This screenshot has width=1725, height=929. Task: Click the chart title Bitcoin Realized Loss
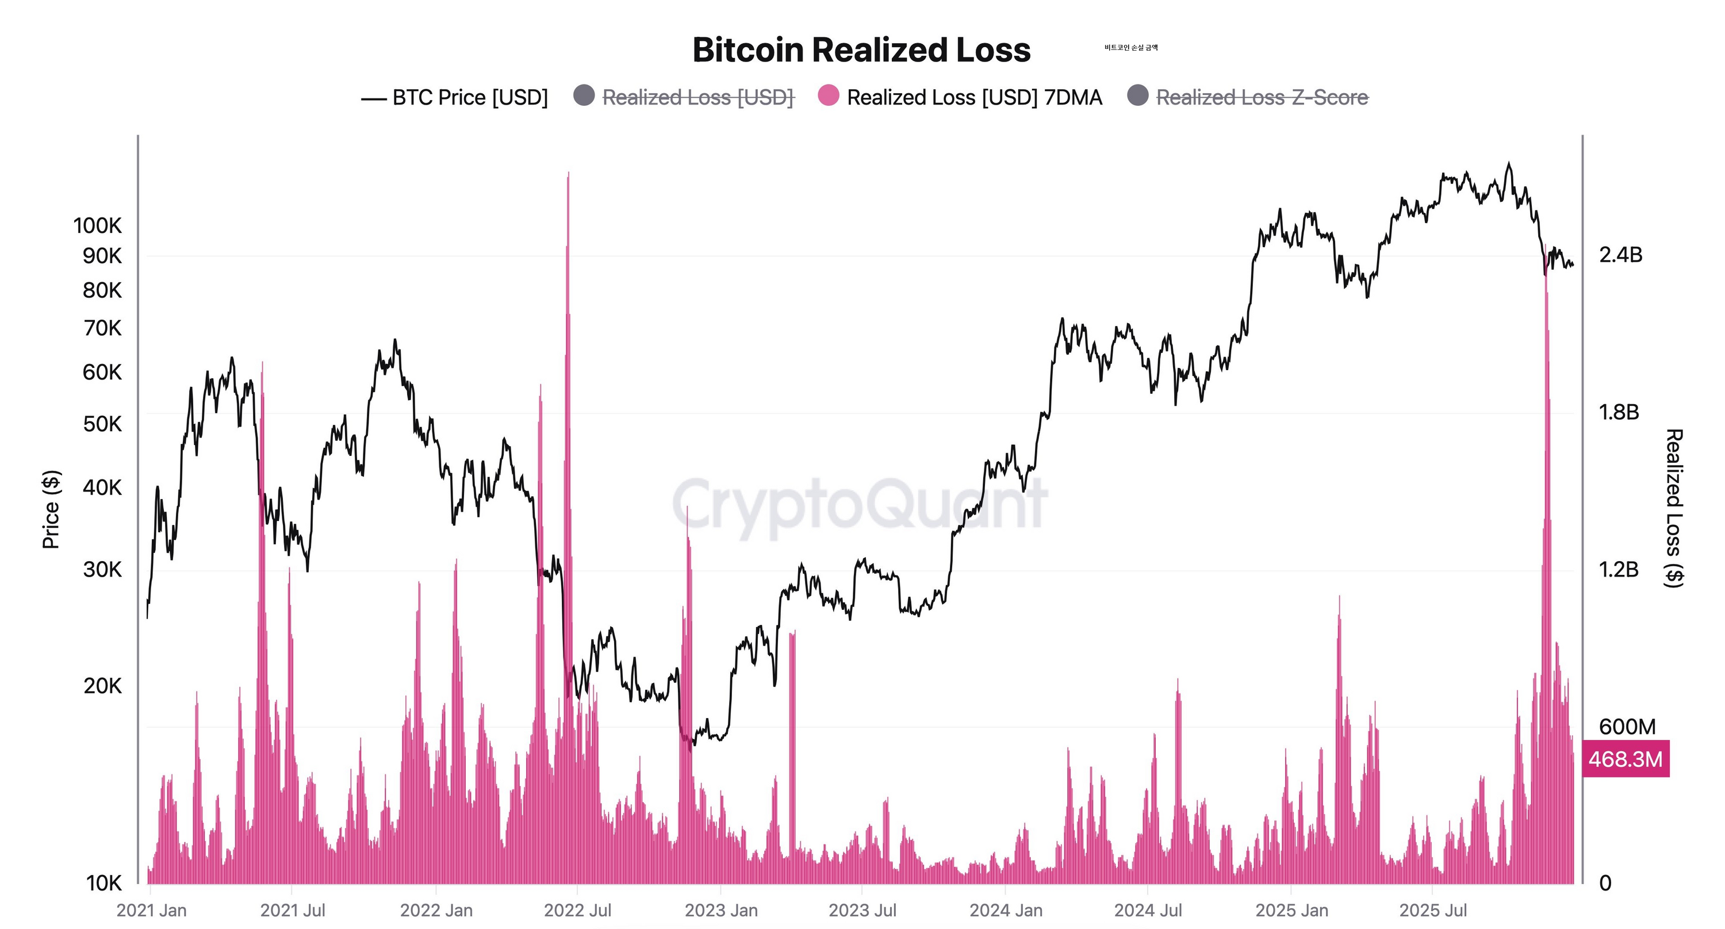861,50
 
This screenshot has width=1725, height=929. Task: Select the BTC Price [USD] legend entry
469,98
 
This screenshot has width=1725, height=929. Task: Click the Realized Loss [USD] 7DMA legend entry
973,98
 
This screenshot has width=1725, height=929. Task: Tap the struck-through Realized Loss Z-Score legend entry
1262,98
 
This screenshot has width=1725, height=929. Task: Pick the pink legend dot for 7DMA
829,95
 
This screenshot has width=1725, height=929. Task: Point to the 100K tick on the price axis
98,225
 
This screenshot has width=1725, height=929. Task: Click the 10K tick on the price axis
104,884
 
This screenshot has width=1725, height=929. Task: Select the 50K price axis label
102,424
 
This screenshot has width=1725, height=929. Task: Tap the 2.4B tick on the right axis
1620,255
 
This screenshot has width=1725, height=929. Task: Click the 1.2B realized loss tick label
1619,570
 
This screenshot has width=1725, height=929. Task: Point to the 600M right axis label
1627,727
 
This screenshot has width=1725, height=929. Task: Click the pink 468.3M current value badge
1625,759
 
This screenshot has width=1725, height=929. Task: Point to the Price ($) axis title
51,509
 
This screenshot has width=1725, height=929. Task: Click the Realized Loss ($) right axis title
1673,509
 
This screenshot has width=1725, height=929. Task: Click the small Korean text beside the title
1131,48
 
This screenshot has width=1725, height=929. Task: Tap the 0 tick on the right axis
1605,884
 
